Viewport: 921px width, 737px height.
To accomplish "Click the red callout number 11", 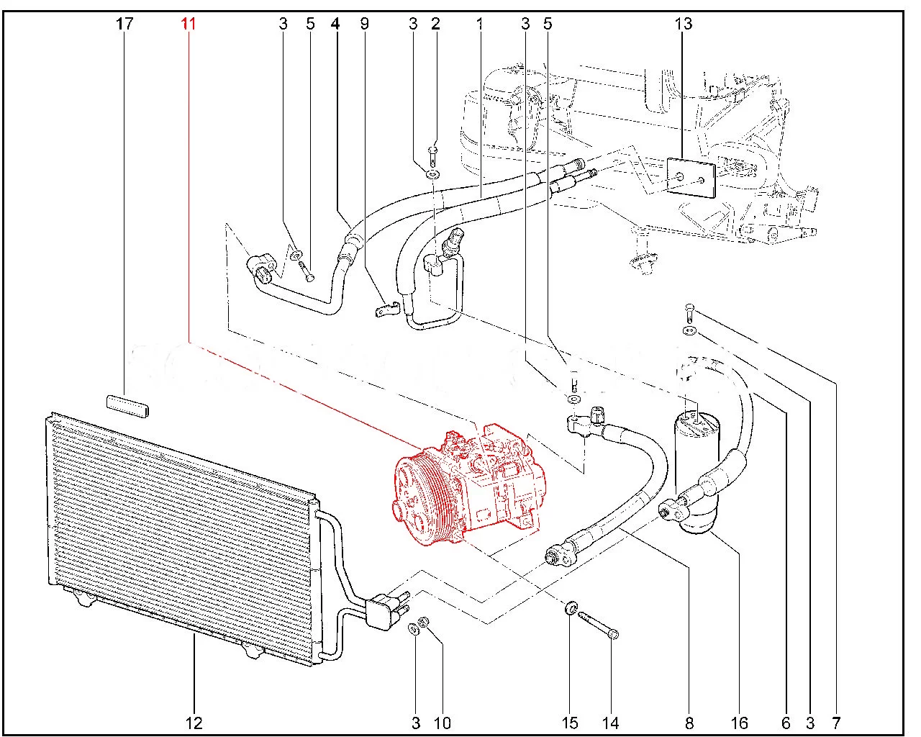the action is (189, 24).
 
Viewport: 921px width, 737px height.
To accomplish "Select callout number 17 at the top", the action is (124, 24).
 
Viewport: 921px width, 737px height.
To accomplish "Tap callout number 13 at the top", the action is (683, 24).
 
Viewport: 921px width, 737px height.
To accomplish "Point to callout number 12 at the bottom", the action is (194, 723).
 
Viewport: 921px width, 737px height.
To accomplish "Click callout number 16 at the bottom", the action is (740, 723).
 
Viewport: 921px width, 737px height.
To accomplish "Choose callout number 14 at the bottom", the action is (611, 723).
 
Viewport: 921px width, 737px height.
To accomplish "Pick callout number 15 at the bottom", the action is (570, 723).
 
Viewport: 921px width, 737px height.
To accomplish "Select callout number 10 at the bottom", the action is (443, 723).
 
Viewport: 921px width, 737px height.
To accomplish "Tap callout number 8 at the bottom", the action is (689, 723).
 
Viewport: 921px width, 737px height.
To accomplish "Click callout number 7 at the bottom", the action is (836, 723).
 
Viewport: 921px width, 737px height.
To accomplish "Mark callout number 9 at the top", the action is (364, 24).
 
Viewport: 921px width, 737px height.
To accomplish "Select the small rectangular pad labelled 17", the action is (127, 406).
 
